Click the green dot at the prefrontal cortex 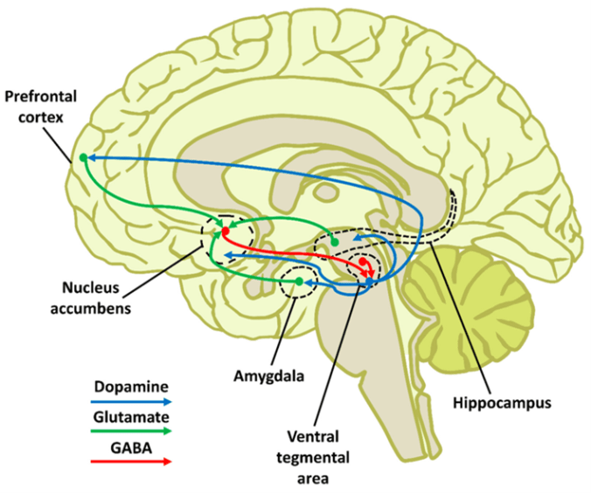point(83,157)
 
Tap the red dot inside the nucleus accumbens point(225,232)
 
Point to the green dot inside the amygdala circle point(299,281)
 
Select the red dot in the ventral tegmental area point(363,260)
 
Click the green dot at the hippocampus point(334,240)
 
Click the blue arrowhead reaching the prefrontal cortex point(92,157)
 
